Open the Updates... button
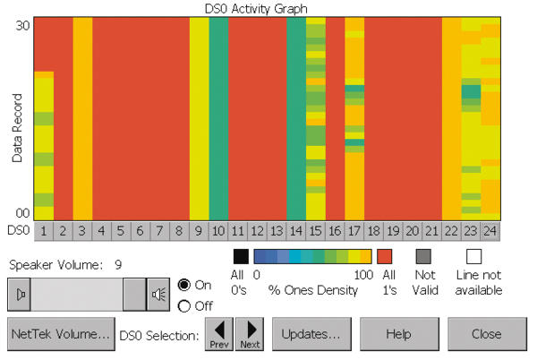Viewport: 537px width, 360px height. (x=311, y=334)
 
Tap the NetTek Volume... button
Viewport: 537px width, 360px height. (x=60, y=334)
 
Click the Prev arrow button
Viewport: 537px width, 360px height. (x=219, y=334)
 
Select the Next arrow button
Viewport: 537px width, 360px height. (x=249, y=334)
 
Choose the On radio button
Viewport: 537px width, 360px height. (x=184, y=285)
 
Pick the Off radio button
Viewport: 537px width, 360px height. (x=184, y=306)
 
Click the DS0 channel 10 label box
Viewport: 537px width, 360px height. (x=218, y=230)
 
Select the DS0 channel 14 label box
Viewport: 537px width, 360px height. (x=296, y=230)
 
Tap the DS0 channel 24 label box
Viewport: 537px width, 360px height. (x=490, y=230)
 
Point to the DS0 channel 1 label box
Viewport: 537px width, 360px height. (x=43, y=230)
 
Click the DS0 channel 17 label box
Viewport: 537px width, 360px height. (x=354, y=230)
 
